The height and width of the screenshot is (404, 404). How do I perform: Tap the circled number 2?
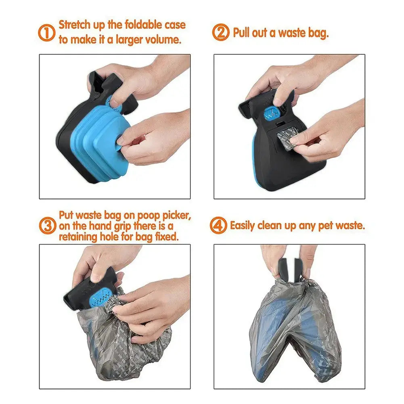pos(221,32)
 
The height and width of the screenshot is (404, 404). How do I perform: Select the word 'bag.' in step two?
pos(318,33)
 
